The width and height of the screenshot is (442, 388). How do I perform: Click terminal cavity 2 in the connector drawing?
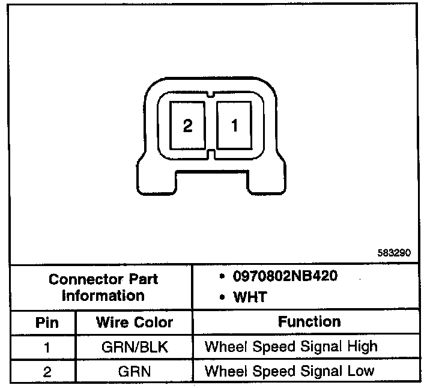coord(187,126)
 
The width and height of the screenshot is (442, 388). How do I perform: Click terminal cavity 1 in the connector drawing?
coord(235,125)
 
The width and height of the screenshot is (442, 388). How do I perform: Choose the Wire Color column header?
coord(134,323)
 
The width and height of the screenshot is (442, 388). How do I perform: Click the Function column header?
coord(309,322)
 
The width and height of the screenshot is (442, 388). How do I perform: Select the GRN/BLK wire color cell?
coord(134,347)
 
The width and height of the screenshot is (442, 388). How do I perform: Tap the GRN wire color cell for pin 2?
coord(134,371)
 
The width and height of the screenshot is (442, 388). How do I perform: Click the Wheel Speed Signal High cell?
coord(291,347)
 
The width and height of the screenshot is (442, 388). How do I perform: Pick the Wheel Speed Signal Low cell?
coord(289,371)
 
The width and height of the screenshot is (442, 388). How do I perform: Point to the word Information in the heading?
coord(103,296)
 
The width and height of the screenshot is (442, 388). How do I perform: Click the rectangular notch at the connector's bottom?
coord(211,181)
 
